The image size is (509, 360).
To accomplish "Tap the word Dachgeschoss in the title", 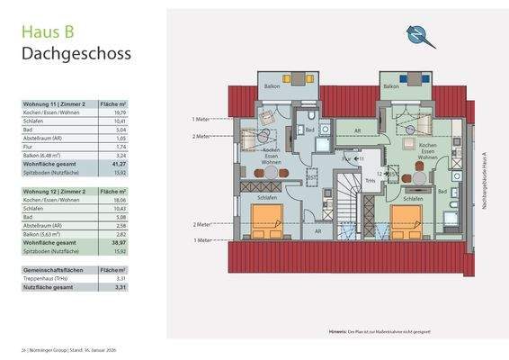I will click(76, 53).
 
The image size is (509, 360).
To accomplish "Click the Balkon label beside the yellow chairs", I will click(271, 86).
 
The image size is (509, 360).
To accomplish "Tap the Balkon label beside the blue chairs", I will click(392, 86).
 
